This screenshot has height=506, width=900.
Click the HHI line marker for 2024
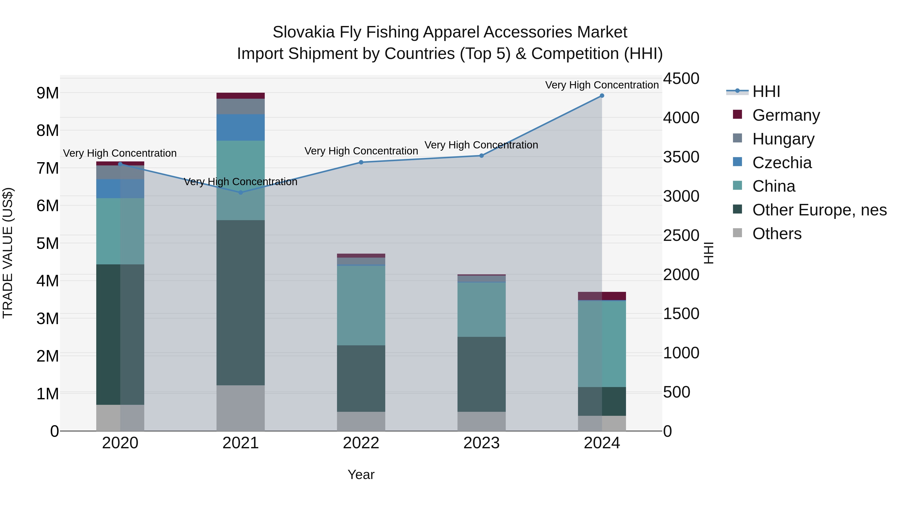pyautogui.click(x=602, y=96)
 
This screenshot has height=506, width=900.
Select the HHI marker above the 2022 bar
pyautogui.click(x=361, y=162)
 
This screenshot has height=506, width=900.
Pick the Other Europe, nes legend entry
pyautogui.click(x=819, y=210)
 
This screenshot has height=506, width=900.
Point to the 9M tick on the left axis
pyautogui.click(x=47, y=93)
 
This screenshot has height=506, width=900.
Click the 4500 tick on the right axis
pyautogui.click(x=681, y=78)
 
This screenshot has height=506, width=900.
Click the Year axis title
pyautogui.click(x=361, y=475)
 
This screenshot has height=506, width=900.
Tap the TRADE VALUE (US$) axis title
pyautogui.click(x=8, y=253)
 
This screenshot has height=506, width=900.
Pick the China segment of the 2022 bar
pyautogui.click(x=361, y=306)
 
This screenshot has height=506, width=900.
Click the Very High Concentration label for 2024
pyautogui.click(x=602, y=85)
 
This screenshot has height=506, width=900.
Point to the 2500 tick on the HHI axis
pyautogui.click(x=681, y=235)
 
